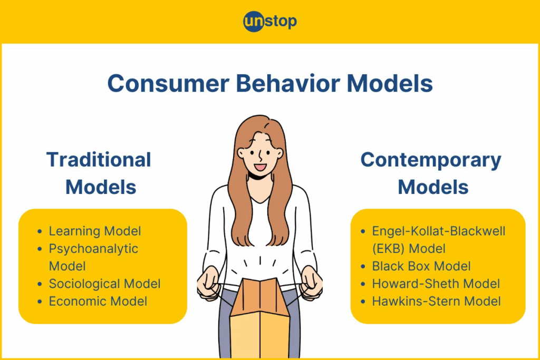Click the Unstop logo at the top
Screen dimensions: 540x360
[270, 21]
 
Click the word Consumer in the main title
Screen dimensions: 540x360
[168, 83]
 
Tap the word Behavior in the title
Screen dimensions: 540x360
[288, 83]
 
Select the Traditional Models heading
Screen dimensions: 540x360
[99, 173]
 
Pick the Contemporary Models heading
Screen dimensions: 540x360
[431, 173]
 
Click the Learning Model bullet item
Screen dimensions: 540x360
[95, 231]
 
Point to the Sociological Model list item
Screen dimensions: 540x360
[105, 284]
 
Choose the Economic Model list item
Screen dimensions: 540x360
[98, 301]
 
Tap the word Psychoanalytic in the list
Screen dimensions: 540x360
[93, 249]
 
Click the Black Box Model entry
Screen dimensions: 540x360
[421, 266]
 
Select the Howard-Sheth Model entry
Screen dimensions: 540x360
[436, 284]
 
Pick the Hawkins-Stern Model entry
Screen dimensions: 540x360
[436, 301]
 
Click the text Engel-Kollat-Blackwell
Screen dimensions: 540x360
[438, 231]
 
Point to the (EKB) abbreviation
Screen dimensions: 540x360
[388, 249]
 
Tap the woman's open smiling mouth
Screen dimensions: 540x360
[260, 168]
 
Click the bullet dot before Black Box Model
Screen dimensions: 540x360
[363, 267]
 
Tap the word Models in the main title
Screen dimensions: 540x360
[390, 83]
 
